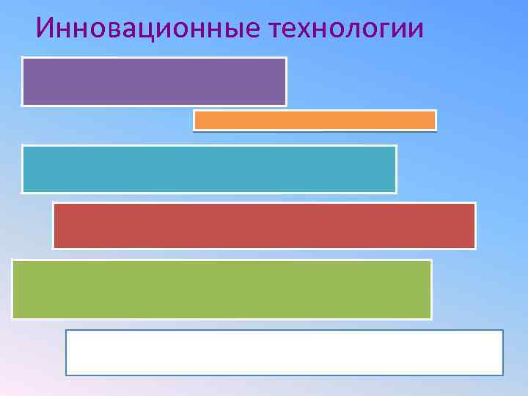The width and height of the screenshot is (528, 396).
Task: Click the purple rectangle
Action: pos(154,81)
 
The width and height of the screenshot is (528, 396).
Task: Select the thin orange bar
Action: pos(315,120)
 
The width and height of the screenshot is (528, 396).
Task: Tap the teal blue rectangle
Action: pos(209,169)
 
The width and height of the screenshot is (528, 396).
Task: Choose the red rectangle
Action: pos(264,226)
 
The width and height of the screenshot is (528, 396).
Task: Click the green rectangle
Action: pos(221,289)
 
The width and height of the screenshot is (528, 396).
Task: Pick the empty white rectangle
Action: pos(285,353)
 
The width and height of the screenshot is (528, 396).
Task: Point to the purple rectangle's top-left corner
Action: pos(23,58)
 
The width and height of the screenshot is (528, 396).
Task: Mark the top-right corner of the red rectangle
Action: pos(474,204)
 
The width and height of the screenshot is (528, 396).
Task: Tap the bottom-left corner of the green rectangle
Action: pos(12,318)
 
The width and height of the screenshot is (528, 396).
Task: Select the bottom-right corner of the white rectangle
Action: pos(502,374)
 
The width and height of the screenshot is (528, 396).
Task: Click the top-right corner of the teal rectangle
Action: pos(395,146)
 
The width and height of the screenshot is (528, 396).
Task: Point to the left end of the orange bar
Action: pos(195,120)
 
